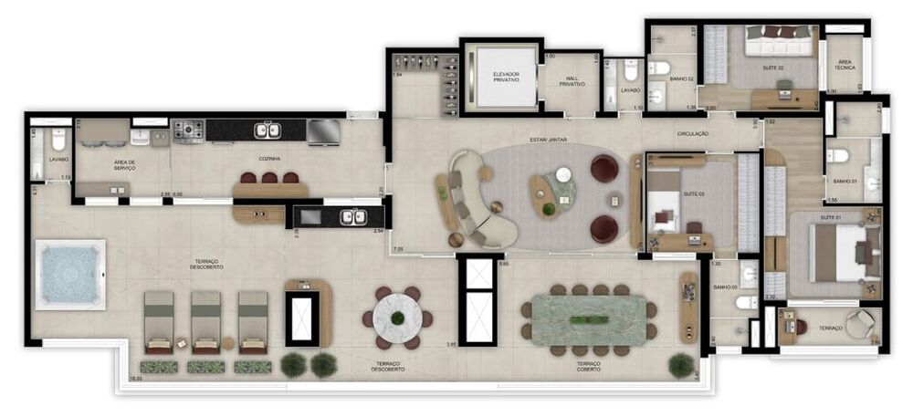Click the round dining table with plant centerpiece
(397, 318)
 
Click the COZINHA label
(268, 159)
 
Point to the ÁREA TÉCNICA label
(845, 65)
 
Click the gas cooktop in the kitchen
(188, 131)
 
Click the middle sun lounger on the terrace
(205, 320)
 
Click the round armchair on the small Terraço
(859, 323)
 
